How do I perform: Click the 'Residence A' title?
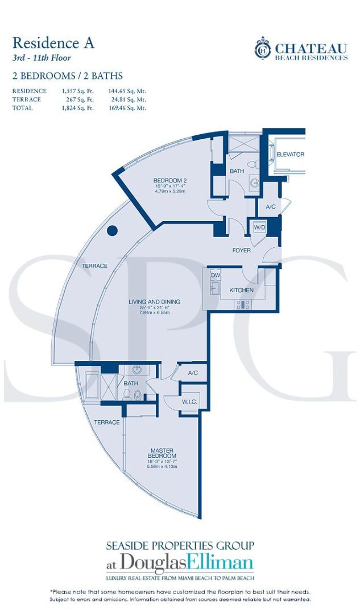(x=53, y=43)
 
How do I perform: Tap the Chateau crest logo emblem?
(x=262, y=47)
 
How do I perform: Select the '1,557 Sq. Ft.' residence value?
(x=78, y=91)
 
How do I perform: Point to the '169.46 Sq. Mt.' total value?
(x=127, y=107)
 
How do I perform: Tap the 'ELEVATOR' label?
(x=291, y=155)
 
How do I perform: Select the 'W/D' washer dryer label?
(x=260, y=227)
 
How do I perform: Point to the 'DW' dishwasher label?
(x=215, y=275)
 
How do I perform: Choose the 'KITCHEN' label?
(x=241, y=291)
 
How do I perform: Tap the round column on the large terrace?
(x=113, y=231)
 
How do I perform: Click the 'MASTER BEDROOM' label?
(x=162, y=453)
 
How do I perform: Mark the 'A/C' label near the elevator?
(x=270, y=206)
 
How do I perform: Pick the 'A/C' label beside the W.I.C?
(x=193, y=373)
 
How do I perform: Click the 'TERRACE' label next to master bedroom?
(x=107, y=422)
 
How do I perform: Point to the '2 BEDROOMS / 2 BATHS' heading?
(x=67, y=76)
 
